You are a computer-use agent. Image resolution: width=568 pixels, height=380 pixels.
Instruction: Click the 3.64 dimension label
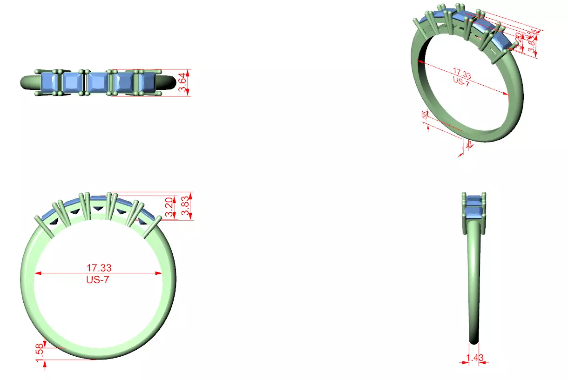click(184, 82)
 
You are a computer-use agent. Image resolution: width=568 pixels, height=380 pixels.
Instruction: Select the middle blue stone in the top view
click(97, 82)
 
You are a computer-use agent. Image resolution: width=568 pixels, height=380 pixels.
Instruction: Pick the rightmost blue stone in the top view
click(148, 82)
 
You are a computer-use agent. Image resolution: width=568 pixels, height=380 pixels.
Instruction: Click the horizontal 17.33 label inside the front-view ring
click(99, 268)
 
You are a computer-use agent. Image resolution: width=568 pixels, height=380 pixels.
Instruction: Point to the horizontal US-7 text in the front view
click(98, 280)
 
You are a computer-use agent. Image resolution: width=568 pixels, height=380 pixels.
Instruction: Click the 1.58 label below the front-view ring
click(39, 353)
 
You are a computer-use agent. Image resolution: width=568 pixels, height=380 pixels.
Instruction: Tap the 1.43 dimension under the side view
click(475, 358)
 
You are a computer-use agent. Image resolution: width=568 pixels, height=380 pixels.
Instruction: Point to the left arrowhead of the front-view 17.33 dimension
click(38, 273)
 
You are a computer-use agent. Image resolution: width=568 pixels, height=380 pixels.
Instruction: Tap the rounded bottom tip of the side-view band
click(474, 341)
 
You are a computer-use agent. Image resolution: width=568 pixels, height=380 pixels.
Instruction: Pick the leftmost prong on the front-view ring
click(44, 225)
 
